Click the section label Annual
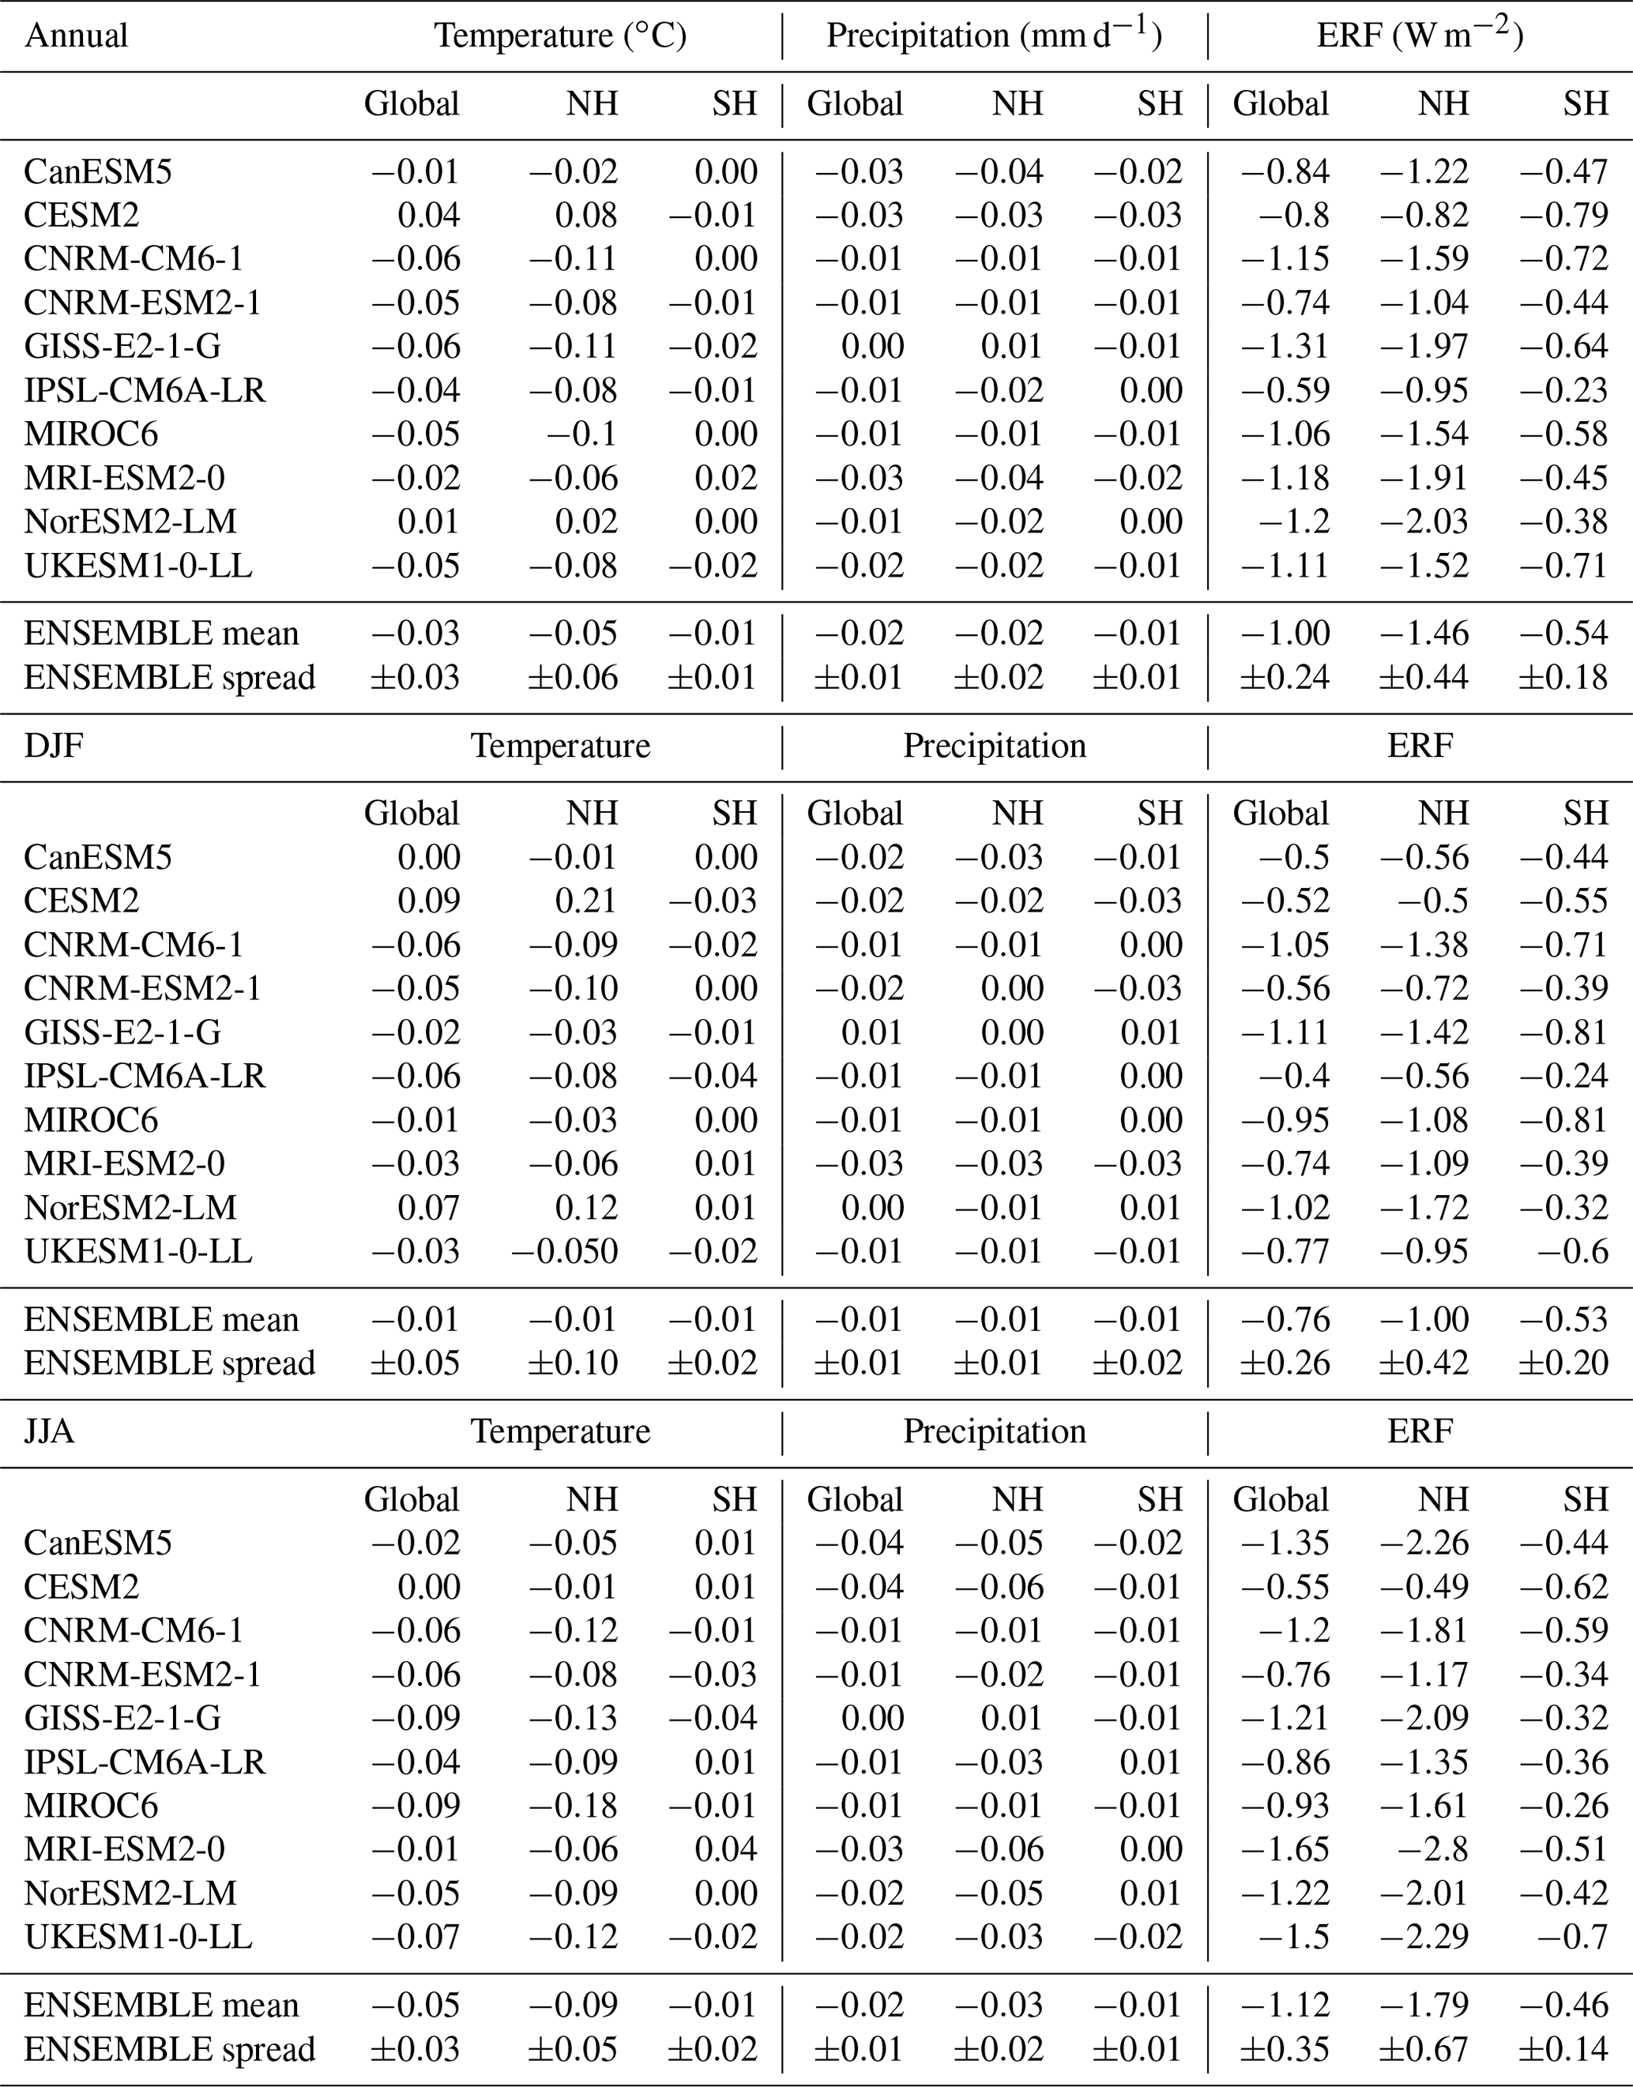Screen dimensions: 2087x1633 (76, 36)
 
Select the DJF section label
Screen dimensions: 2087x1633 (54, 746)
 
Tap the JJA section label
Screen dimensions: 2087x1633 (50, 1431)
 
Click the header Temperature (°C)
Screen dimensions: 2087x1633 (560, 36)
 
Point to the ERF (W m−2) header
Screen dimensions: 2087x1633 (1420, 36)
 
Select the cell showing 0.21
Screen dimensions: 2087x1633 (586, 901)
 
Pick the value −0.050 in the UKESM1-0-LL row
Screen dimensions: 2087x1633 (565, 1251)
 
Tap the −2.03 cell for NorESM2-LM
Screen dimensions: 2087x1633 (1424, 521)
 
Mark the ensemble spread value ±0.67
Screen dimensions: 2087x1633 (1424, 2049)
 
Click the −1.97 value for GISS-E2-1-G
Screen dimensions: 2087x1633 (1424, 346)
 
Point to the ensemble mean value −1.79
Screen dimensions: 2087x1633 (1424, 2005)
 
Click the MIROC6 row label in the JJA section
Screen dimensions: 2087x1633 (91, 1805)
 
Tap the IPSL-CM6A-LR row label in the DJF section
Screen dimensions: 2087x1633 (145, 1076)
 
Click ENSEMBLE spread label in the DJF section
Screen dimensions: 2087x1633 (169, 1363)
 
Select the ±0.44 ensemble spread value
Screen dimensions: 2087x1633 (1424, 677)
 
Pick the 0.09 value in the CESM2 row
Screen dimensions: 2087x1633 (429, 901)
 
